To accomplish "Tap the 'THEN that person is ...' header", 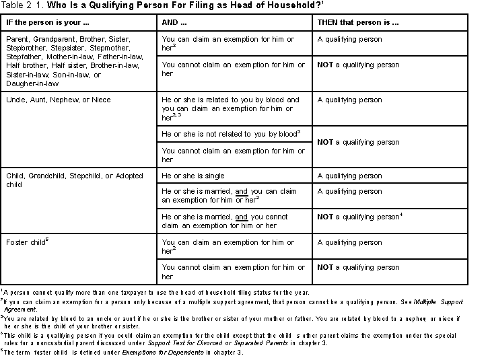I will pyautogui.click(x=358, y=22).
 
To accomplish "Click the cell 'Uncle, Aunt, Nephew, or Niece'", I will pyautogui.click(x=59, y=100).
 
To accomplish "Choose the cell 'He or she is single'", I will pyautogui.click(x=194, y=176).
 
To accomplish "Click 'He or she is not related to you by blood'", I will pyautogui.click(x=229, y=134).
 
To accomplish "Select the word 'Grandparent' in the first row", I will pyautogui.click(x=53, y=39).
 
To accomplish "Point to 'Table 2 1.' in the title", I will pyautogui.click(x=21, y=6).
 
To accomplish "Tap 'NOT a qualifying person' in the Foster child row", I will pyautogui.click(x=359, y=267).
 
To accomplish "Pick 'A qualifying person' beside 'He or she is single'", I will pyautogui.click(x=349, y=176).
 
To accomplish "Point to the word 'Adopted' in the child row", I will pyautogui.click(x=129, y=176).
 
